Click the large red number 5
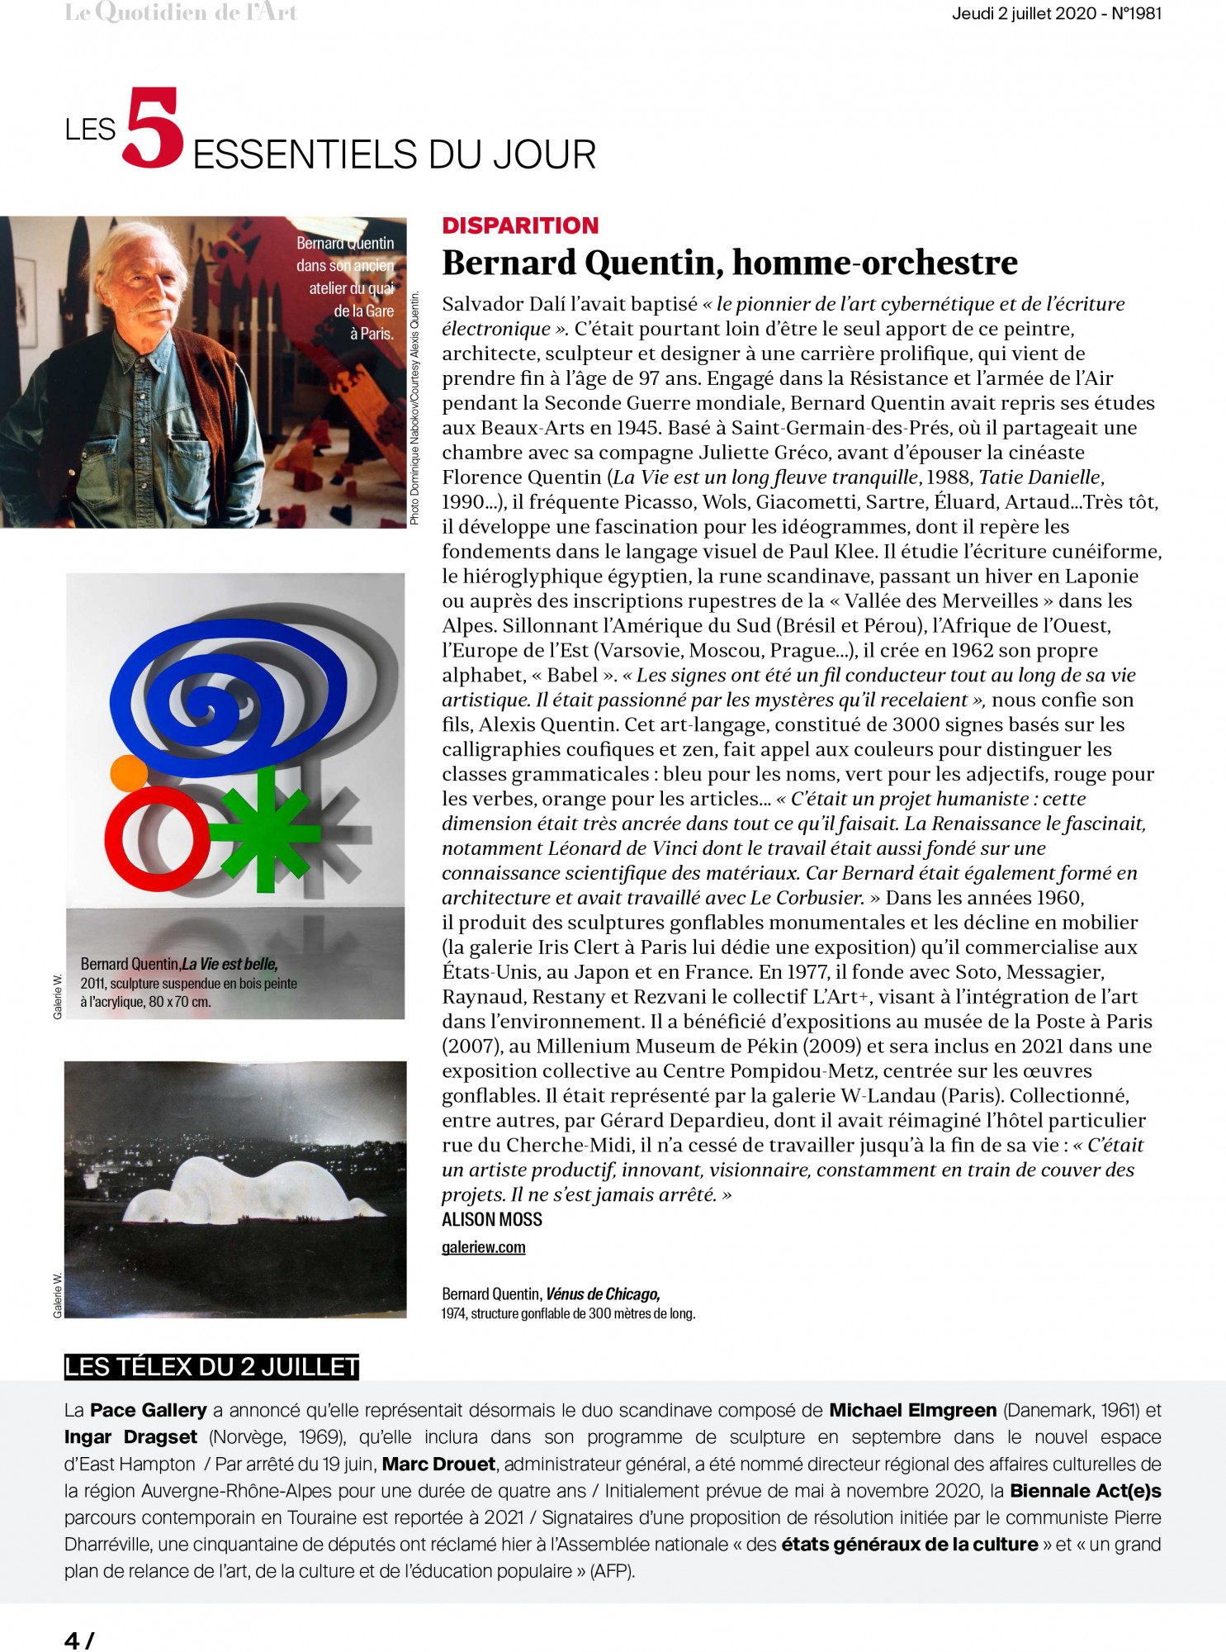152,130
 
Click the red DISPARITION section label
520,225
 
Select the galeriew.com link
483,1247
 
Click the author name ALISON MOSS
492,1220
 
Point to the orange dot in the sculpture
128,771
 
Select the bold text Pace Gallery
149,1411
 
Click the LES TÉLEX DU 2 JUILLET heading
211,1367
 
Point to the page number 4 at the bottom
72,1640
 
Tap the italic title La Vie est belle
230,964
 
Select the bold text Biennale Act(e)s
1086,1491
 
